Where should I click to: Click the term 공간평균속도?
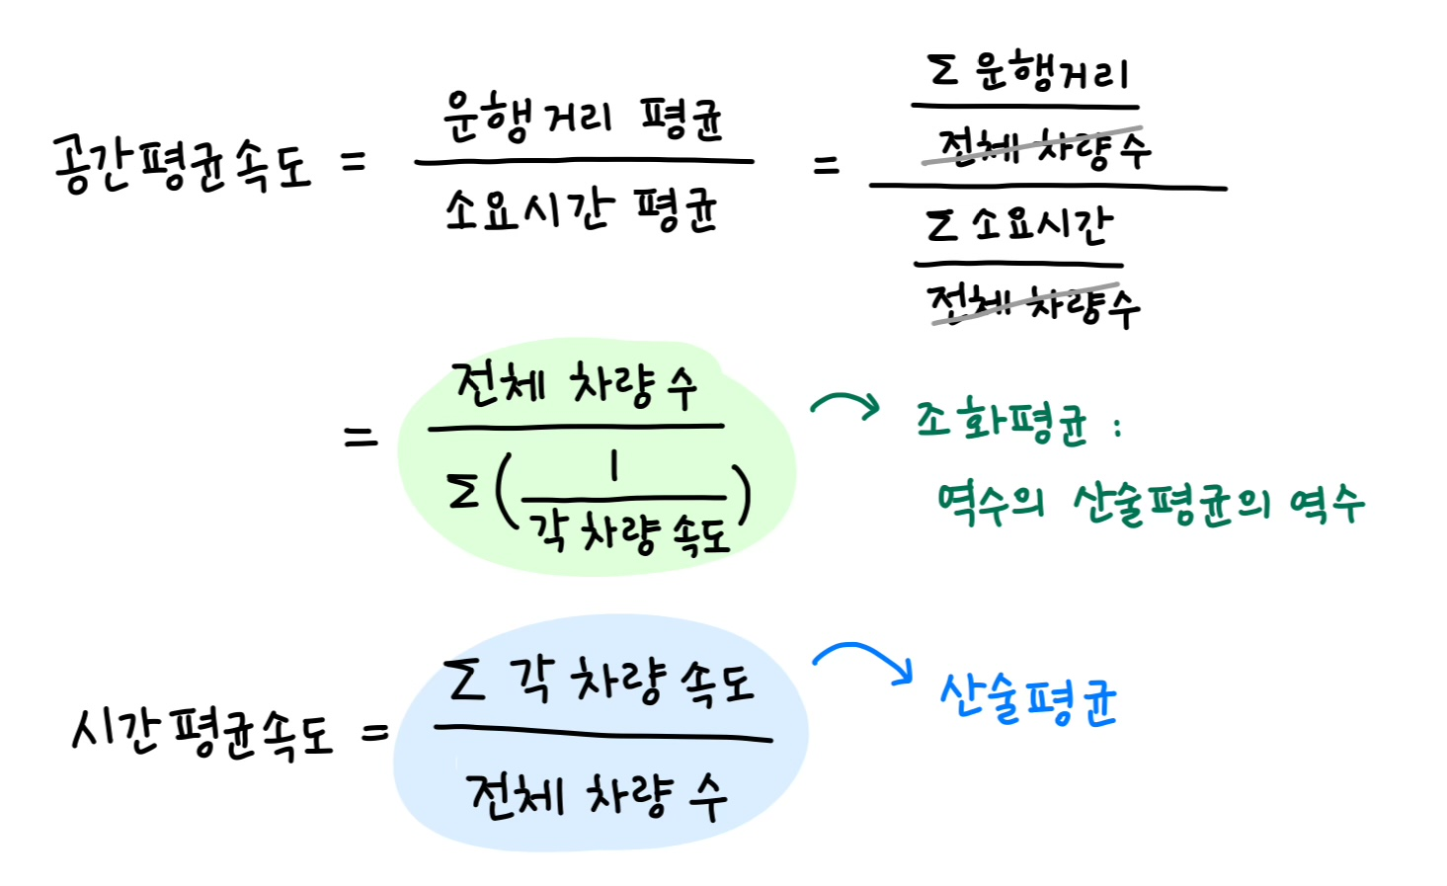pyautogui.click(x=183, y=164)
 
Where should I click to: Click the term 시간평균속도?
pyautogui.click(x=202, y=734)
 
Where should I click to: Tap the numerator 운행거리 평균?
pyautogui.click(x=583, y=120)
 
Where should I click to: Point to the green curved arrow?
pyautogui.click(x=845, y=406)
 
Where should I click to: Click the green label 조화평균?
pyautogui.click(x=1002, y=423)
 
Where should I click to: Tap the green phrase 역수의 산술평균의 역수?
pyautogui.click(x=1151, y=504)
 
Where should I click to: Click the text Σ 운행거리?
pyautogui.click(x=1027, y=71)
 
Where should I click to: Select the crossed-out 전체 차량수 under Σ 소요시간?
pyautogui.click(x=1031, y=304)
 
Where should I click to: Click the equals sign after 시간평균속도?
pyautogui.click(x=375, y=733)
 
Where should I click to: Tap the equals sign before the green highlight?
pyautogui.click(x=361, y=436)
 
